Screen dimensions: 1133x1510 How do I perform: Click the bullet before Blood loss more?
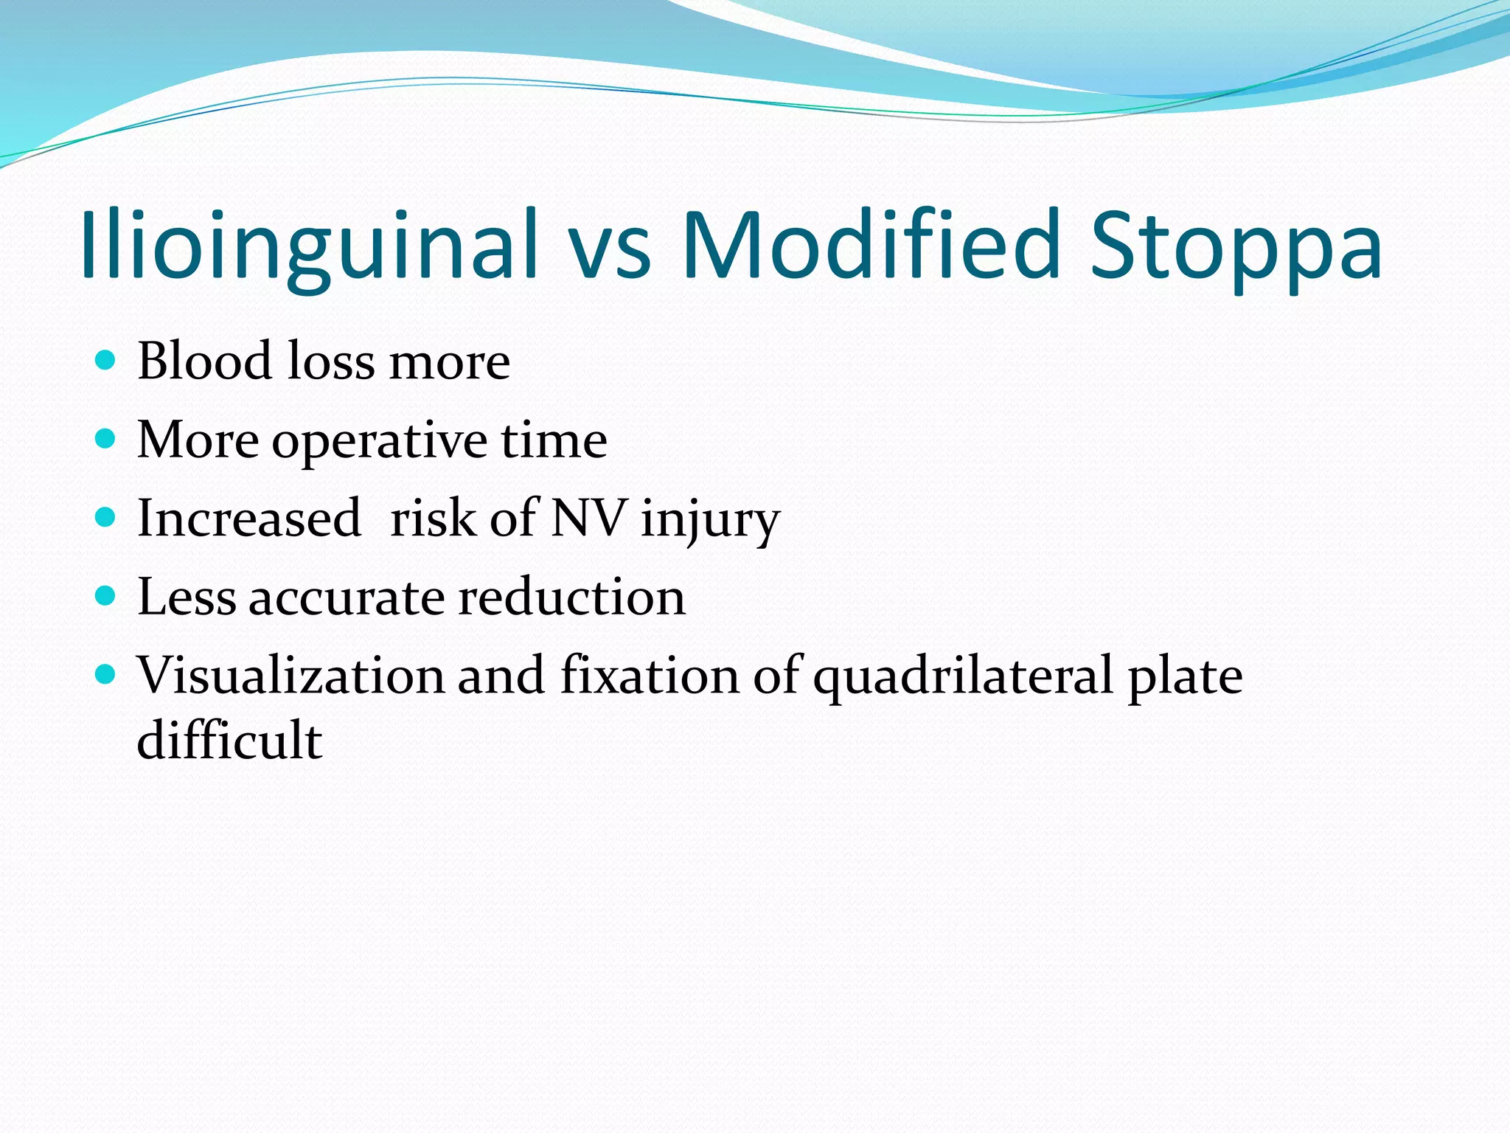(106, 360)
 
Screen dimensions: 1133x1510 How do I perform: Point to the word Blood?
(205, 361)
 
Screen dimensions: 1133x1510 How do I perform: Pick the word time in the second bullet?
(554, 440)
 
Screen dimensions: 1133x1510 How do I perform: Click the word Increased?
(249, 519)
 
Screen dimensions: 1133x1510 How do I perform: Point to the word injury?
(709, 521)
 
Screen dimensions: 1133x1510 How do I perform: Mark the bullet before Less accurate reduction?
(106, 595)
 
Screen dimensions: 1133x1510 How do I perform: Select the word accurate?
(347, 598)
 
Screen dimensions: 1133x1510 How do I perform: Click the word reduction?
(571, 597)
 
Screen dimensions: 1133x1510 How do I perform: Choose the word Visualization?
(291, 676)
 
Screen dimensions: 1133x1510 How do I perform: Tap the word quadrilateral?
(962, 677)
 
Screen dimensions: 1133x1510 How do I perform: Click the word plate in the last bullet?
(1185, 677)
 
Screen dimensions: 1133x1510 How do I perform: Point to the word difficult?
(229, 740)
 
